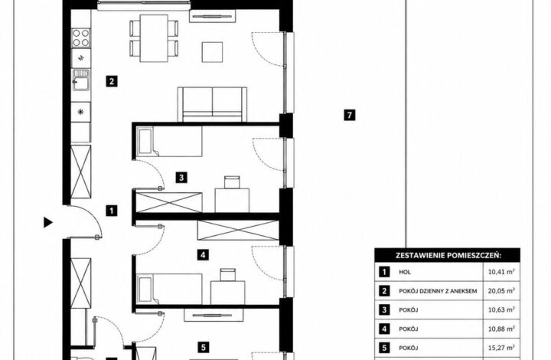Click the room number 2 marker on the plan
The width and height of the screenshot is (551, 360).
coord(112,81)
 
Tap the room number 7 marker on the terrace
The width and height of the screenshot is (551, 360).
coord(349,115)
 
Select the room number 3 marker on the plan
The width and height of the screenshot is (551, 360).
coord(181,178)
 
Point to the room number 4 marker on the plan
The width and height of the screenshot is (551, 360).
coord(203,254)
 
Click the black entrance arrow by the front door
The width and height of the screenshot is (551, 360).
coord(47,222)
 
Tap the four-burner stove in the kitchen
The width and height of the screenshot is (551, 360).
coord(81,38)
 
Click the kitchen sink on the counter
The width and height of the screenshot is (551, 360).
coord(81,80)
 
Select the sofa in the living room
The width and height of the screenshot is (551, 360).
coord(212,104)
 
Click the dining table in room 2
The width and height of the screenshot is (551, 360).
coord(154,38)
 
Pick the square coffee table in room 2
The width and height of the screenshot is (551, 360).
coord(212,52)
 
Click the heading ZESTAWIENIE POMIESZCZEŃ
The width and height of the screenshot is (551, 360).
coord(448,256)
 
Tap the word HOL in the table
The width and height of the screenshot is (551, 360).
coord(405,272)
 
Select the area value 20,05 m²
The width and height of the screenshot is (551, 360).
coord(501,291)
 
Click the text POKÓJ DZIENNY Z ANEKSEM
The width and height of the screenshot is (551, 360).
coord(438,291)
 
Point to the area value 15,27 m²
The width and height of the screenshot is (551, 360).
coord(501,348)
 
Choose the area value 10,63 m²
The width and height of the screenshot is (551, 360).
coord(501,309)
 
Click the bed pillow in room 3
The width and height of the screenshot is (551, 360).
coord(145,142)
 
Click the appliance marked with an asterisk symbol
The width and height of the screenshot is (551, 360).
coord(81,112)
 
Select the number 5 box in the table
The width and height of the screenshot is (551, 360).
coord(384,348)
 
